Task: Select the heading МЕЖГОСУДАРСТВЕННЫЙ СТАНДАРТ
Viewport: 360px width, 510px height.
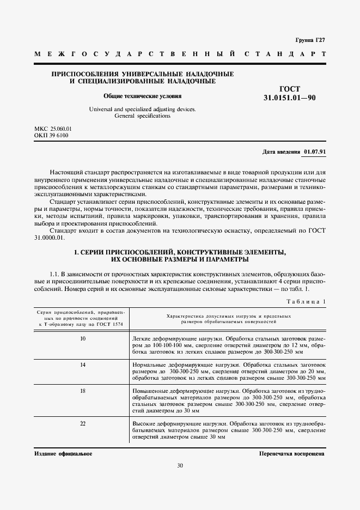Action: (180, 54)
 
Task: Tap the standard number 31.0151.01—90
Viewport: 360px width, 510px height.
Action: (289, 99)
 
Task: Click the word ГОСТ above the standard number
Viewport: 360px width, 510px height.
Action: (289, 89)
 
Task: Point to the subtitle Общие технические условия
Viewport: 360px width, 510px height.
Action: (143, 95)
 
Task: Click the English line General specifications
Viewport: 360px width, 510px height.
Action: (142, 116)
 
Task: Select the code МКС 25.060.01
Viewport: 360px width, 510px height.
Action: (53, 129)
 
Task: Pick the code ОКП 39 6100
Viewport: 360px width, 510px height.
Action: (51, 135)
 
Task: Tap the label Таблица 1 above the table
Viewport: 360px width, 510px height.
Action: (305, 301)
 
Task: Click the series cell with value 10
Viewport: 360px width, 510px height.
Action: (83, 339)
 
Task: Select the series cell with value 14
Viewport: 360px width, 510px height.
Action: (83, 364)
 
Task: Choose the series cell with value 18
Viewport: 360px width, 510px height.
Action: (83, 391)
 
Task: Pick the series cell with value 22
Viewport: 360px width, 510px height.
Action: (83, 423)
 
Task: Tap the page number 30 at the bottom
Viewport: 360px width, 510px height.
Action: (180, 465)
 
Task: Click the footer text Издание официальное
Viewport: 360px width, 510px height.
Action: (63, 453)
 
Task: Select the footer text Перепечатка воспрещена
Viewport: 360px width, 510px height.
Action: (292, 453)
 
